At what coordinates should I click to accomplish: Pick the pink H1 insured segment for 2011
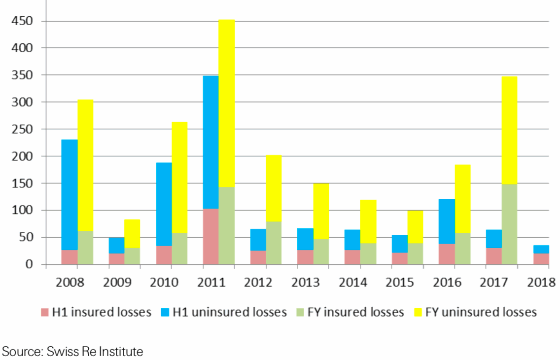click(210, 237)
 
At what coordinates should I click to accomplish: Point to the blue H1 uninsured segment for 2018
click(541, 249)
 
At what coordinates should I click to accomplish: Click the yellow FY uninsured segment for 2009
click(132, 233)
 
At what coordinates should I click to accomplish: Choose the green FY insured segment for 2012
click(274, 243)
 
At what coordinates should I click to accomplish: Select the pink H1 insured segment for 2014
click(352, 257)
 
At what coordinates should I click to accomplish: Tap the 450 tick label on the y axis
click(23, 21)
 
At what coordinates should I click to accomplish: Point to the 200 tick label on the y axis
click(23, 156)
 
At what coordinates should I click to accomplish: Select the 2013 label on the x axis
click(306, 283)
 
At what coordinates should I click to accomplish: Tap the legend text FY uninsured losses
click(481, 312)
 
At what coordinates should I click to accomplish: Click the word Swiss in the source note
click(60, 352)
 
